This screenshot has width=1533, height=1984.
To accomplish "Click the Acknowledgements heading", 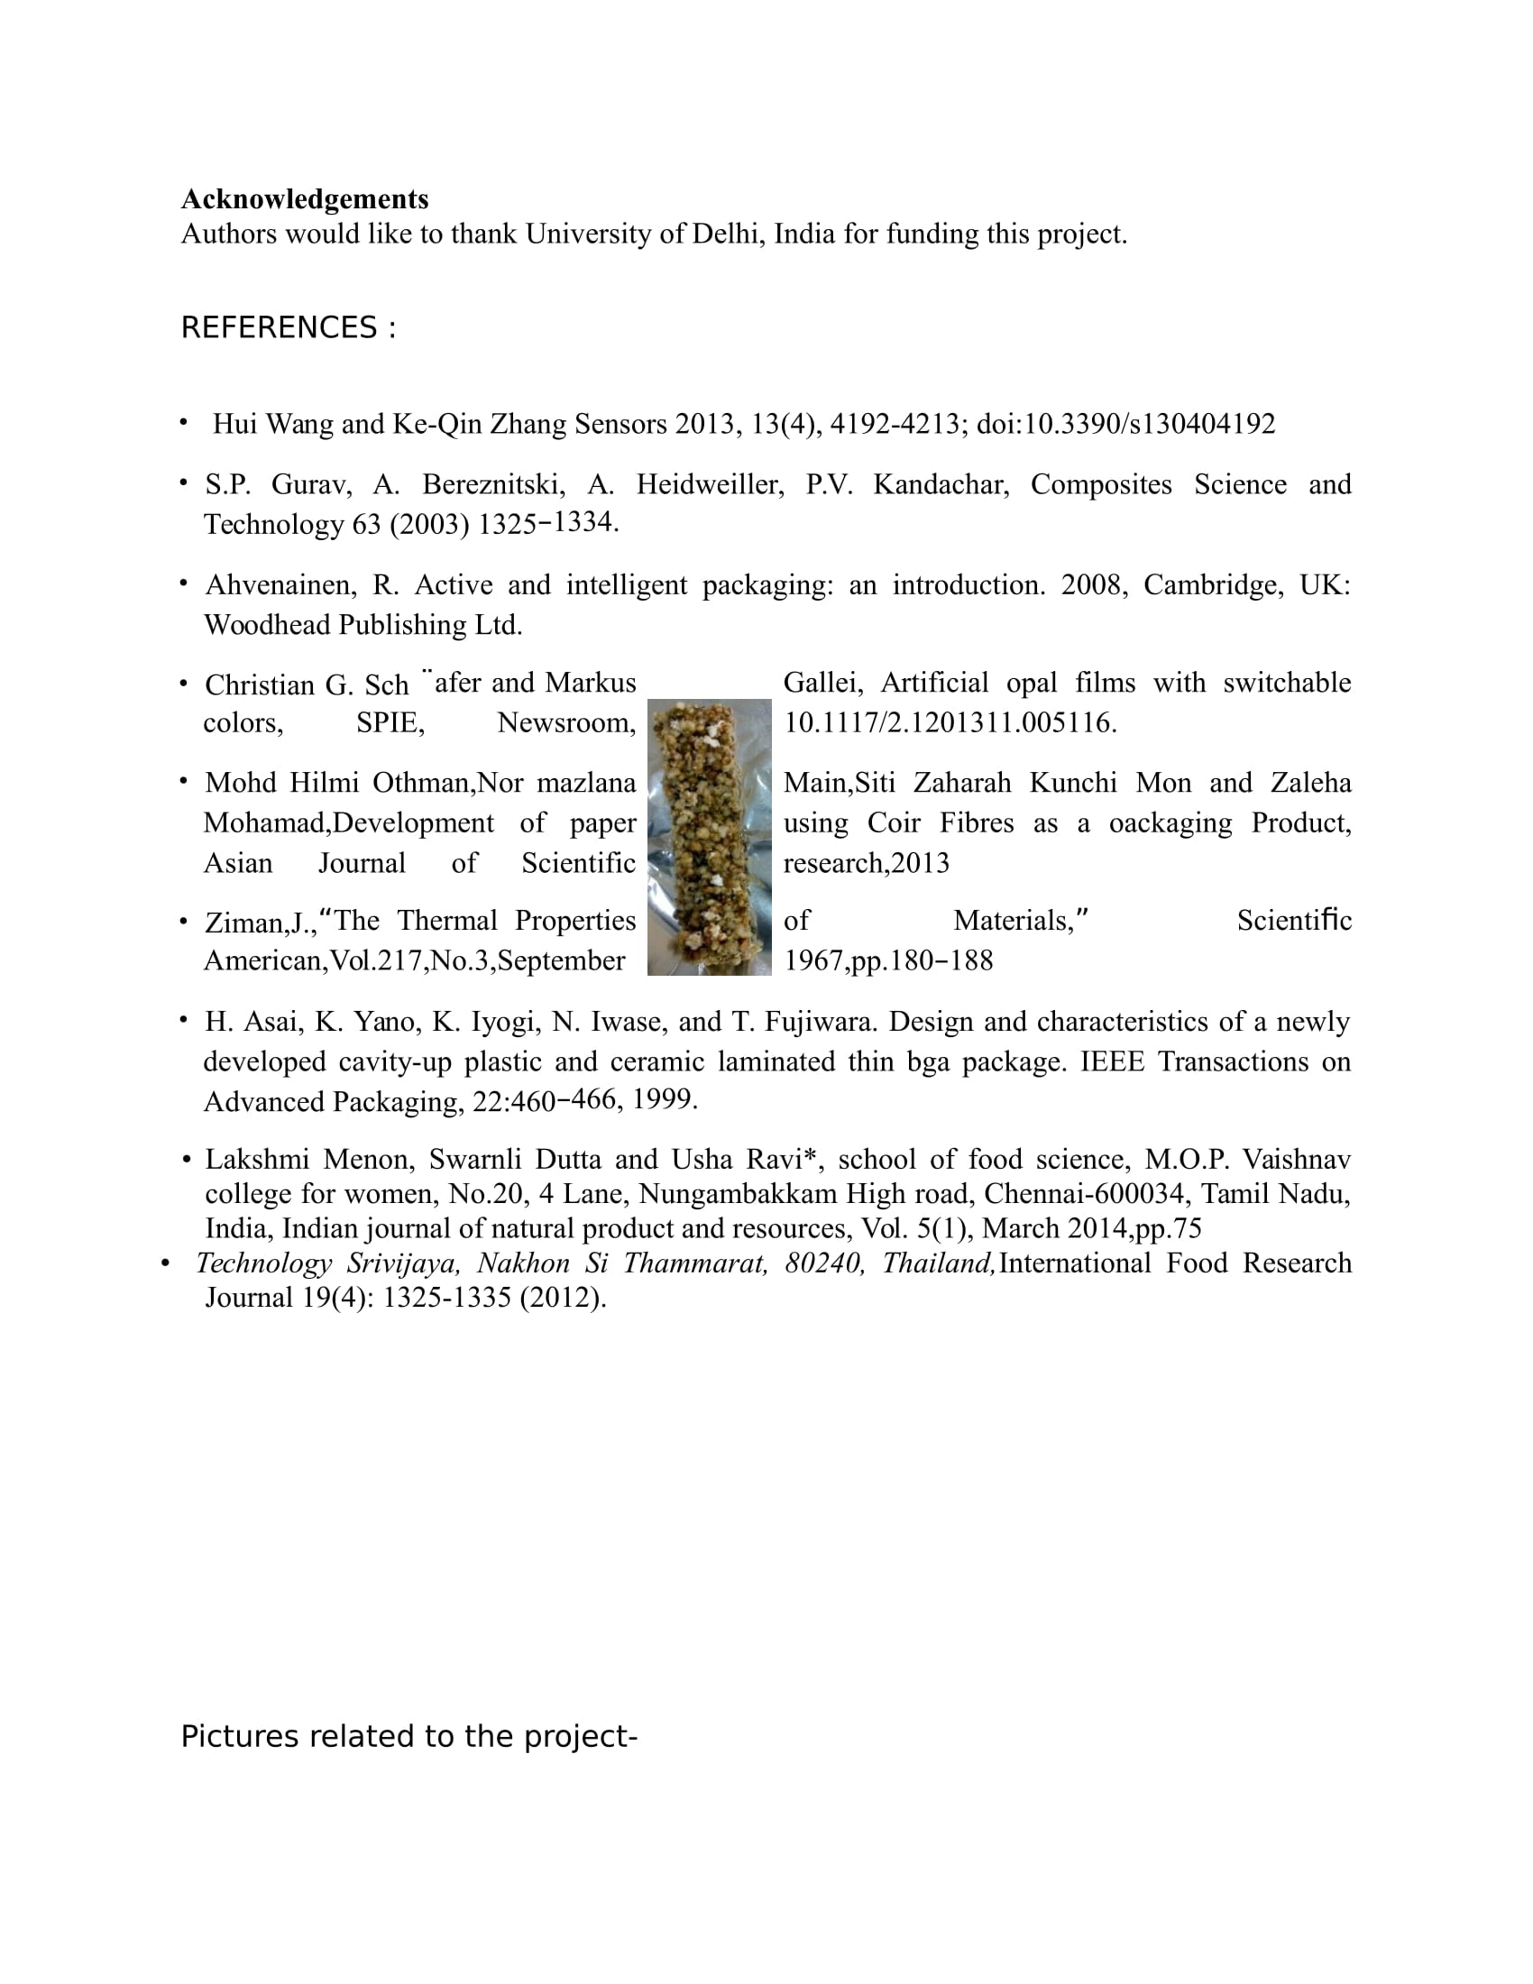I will click(305, 199).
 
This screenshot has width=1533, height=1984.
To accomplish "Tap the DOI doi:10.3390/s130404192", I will click(1125, 424).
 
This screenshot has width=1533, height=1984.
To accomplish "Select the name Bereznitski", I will click(491, 484).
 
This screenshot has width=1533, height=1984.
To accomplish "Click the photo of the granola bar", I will click(710, 837).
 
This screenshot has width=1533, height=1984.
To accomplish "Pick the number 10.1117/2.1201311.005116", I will click(950, 723).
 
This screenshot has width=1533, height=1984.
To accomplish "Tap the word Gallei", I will click(822, 683).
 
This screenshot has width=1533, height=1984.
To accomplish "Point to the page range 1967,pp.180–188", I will click(888, 961).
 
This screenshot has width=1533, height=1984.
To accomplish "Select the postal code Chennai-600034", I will click(1084, 1194).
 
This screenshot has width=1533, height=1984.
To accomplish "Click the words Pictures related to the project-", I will click(409, 1736).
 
